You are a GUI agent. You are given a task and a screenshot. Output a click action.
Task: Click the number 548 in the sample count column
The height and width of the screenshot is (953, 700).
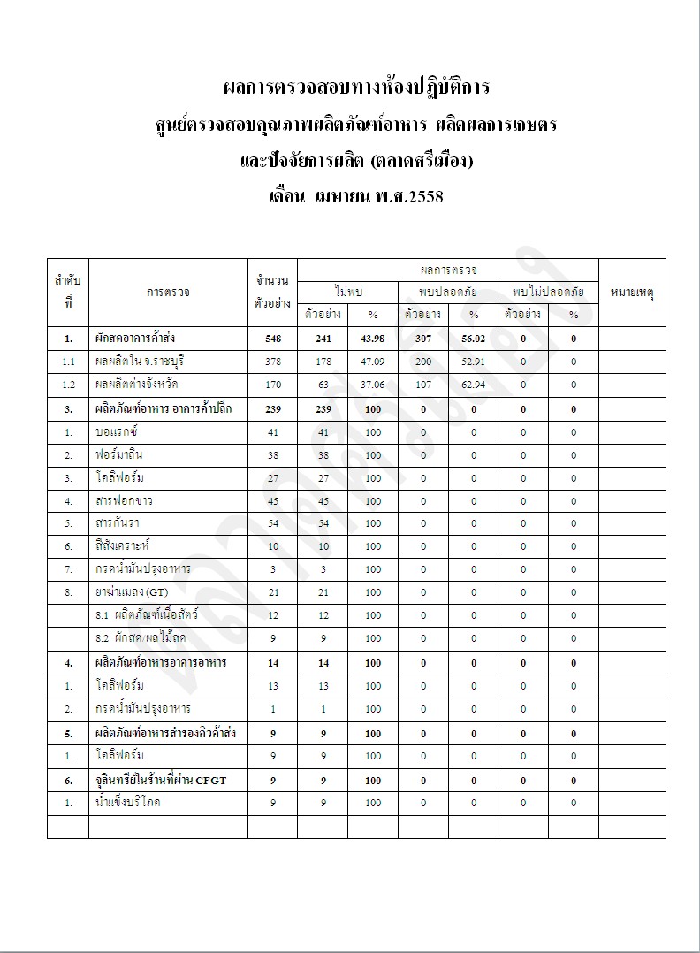[272, 339]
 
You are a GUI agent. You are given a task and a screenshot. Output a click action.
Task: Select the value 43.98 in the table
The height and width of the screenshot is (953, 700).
[373, 339]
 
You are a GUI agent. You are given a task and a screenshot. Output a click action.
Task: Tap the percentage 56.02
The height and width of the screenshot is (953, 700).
[473, 339]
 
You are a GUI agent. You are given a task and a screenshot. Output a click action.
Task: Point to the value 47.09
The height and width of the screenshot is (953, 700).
[373, 362]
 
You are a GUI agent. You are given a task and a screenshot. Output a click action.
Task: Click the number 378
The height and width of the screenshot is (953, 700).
[272, 362]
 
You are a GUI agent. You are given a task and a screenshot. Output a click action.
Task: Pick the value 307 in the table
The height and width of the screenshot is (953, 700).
[422, 339]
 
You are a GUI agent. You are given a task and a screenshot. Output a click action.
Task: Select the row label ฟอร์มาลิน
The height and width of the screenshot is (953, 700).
[119, 455]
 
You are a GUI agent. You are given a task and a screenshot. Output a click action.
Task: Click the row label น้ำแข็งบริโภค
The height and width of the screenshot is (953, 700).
[129, 803]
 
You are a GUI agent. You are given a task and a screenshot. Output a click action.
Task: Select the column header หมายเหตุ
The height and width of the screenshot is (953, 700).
[632, 292]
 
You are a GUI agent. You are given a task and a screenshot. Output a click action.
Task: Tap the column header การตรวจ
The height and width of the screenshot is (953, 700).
[168, 292]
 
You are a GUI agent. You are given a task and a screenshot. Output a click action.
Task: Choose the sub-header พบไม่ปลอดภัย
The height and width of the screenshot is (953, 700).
[548, 291]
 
